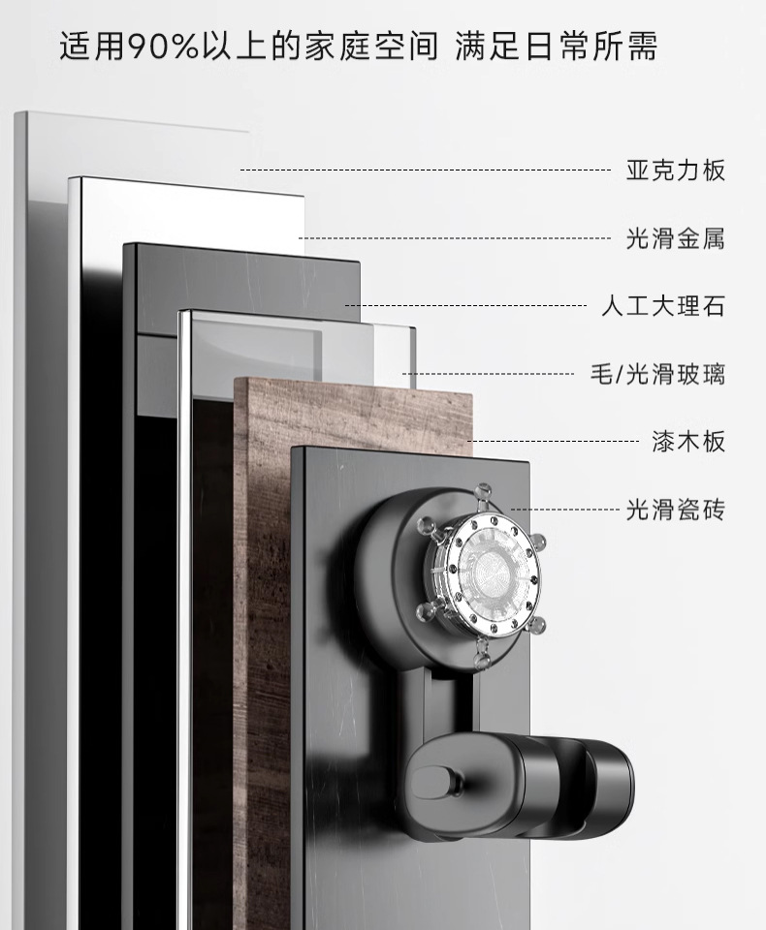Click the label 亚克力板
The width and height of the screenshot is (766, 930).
pos(675,171)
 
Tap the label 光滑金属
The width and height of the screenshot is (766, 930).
pos(675,238)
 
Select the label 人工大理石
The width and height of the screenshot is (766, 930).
pos(662,307)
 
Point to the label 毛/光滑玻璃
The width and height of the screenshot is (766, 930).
pos(657,374)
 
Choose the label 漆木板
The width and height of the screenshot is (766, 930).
pos(687,443)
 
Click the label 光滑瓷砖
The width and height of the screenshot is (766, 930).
pos(675,510)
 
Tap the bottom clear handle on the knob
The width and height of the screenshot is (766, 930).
pos(482,660)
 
